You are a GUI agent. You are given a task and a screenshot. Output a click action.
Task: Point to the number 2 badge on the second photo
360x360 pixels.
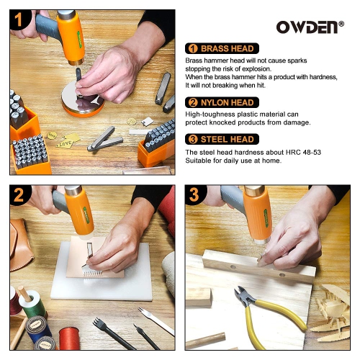[x=20, y=195]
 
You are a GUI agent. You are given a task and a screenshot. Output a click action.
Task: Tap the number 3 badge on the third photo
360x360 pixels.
[x=195, y=195]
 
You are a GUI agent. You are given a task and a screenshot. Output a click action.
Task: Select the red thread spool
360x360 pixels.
[x=69, y=338]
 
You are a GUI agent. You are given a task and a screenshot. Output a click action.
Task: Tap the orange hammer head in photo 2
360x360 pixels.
[x=79, y=212]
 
